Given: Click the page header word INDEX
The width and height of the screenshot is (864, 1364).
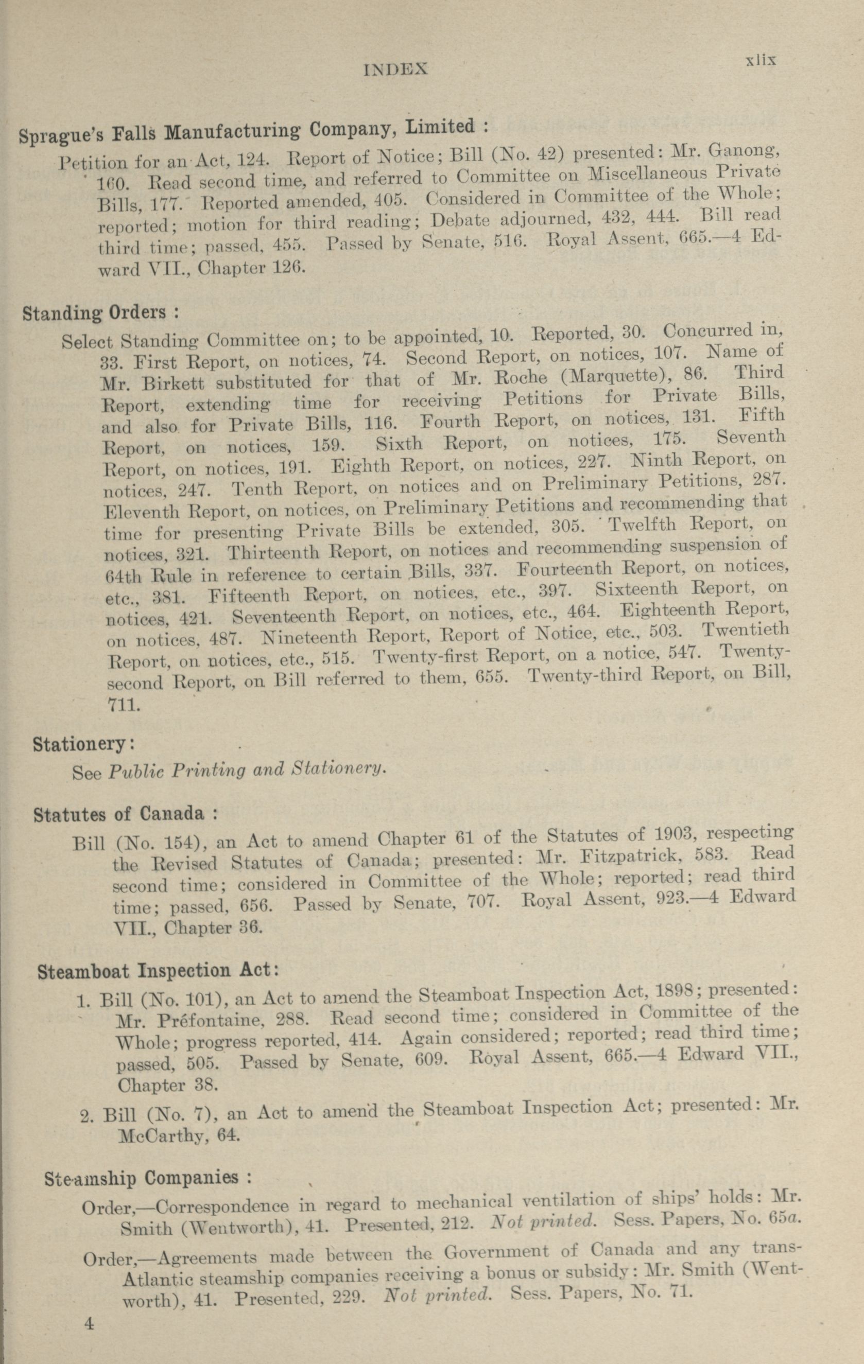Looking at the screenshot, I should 395,69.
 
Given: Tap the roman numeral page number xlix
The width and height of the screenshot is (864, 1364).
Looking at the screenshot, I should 760,60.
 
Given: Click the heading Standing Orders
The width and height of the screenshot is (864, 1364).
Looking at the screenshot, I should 101,312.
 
